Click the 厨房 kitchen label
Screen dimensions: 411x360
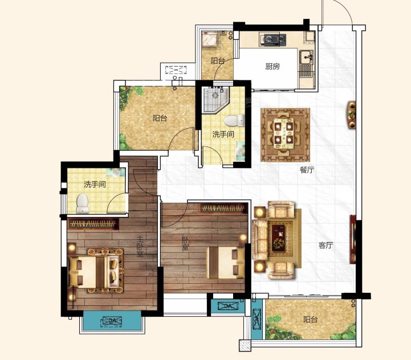[272, 66]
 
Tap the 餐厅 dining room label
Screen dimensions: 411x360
[307, 170]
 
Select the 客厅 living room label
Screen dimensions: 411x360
[326, 246]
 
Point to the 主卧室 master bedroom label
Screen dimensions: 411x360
[140, 246]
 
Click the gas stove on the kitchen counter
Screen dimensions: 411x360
[273, 39]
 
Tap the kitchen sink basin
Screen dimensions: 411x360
[307, 57]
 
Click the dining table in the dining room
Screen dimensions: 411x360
[283, 134]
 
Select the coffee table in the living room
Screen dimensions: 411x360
[278, 238]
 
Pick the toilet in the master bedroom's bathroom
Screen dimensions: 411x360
[83, 203]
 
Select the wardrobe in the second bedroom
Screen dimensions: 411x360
[223, 208]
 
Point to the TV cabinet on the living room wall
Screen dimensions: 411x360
[352, 239]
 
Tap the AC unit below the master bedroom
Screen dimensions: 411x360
[112, 321]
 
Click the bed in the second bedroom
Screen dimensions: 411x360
[226, 263]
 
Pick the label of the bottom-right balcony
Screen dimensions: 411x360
[310, 320]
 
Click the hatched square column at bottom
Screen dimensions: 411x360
[245, 346]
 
